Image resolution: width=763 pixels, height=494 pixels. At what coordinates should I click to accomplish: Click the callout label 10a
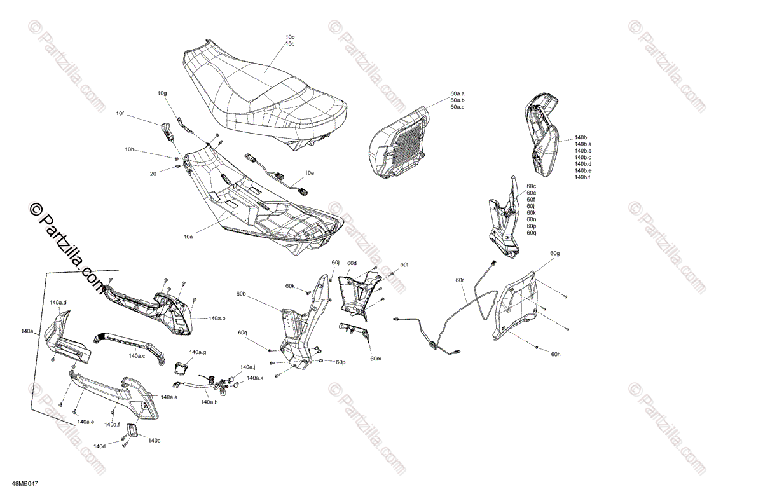188,237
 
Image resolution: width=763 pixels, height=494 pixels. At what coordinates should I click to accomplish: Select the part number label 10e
309,173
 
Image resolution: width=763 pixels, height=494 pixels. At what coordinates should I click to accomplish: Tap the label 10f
120,114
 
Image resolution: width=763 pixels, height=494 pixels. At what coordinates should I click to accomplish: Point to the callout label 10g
162,93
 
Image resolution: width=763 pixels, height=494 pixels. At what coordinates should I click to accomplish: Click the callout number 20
153,173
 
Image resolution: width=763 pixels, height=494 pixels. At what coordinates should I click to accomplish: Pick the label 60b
241,294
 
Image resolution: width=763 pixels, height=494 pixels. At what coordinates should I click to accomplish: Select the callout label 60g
555,254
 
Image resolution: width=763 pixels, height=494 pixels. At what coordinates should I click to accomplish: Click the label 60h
556,354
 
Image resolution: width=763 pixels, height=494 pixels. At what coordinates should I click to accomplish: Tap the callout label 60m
375,359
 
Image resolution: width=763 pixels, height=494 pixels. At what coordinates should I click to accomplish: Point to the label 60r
460,280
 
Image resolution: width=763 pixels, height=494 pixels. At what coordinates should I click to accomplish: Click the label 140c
154,440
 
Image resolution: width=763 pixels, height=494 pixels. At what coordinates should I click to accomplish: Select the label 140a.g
198,352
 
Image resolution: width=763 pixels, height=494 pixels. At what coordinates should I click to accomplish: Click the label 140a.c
137,356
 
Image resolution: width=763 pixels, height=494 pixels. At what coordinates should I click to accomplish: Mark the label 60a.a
457,93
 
